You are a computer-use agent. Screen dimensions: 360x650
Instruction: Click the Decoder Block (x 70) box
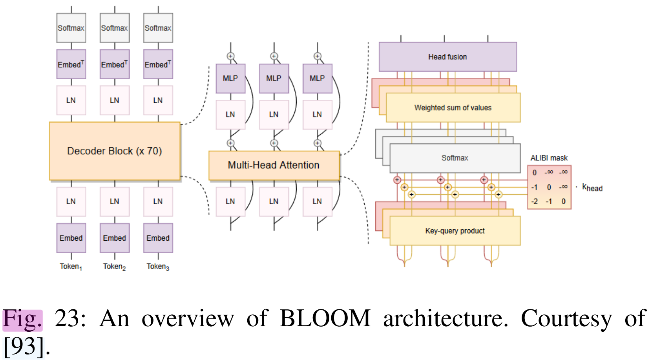click(x=115, y=151)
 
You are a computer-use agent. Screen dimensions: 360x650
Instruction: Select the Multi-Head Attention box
click(x=274, y=165)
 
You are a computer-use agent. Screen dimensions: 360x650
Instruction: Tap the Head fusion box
click(x=447, y=57)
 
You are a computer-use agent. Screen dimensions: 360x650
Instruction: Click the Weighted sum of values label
click(x=453, y=108)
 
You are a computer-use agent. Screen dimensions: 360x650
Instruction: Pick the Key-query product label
click(x=455, y=231)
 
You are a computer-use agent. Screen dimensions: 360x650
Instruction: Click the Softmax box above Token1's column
click(x=71, y=28)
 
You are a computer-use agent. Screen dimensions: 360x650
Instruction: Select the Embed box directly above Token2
click(x=115, y=238)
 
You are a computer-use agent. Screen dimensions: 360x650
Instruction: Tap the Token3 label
click(x=158, y=267)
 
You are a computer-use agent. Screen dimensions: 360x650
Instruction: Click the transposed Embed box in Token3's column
click(x=158, y=64)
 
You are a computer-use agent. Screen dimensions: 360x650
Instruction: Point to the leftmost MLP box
click(x=230, y=78)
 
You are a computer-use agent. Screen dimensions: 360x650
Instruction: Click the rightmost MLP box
click(x=317, y=78)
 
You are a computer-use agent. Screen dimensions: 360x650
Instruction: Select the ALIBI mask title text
click(x=549, y=158)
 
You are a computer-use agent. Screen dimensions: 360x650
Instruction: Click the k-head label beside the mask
click(x=592, y=188)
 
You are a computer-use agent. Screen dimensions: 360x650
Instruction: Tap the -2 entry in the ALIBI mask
click(x=535, y=201)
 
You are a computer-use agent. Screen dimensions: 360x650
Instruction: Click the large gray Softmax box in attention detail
click(x=455, y=158)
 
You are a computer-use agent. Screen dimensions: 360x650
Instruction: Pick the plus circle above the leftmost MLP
click(x=230, y=56)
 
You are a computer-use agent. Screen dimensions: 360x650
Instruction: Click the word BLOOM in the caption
click(x=325, y=318)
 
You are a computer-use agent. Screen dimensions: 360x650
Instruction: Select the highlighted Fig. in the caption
click(x=22, y=319)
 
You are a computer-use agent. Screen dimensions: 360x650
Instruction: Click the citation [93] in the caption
click(x=24, y=347)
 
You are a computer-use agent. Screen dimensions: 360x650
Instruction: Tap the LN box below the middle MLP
click(x=274, y=114)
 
